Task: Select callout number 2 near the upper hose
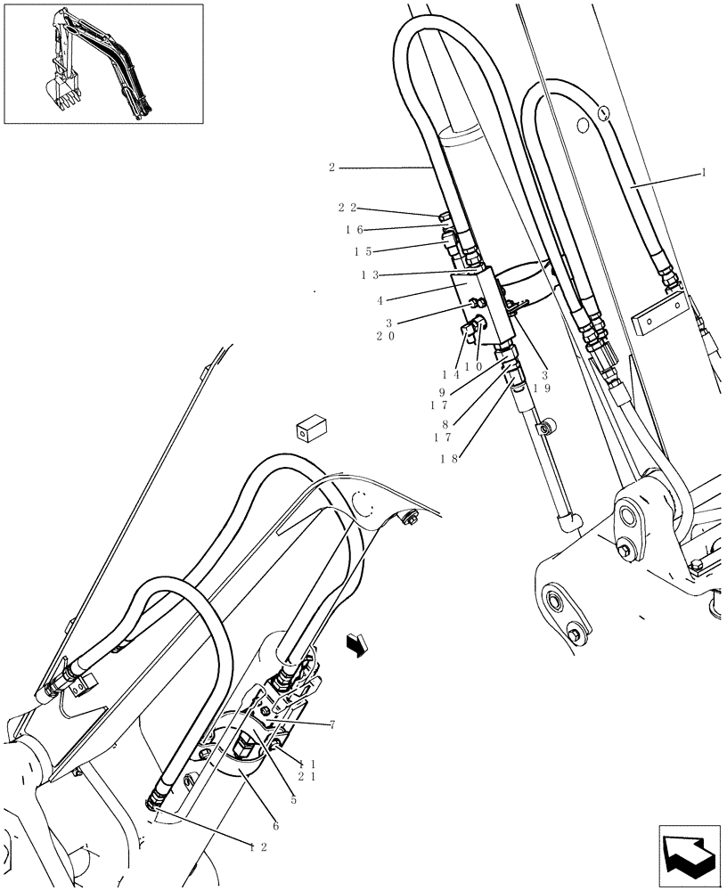[x=331, y=167]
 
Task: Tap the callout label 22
[x=346, y=208]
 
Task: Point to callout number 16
[x=354, y=229]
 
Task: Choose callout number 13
[x=368, y=275]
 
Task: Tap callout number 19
[x=540, y=388]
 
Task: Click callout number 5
[x=293, y=775]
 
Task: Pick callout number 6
[x=276, y=826]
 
